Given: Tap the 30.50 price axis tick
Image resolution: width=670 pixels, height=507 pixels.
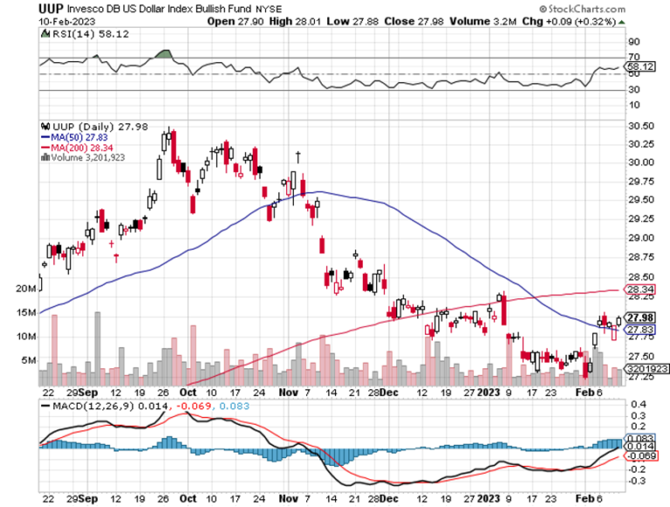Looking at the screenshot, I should click(640, 126).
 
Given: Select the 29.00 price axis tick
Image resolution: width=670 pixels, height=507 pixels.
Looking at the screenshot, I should click(640, 238).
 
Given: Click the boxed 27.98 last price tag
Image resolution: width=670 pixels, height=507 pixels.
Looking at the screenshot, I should click(641, 317).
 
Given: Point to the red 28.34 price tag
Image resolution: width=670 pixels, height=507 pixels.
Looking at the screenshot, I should click(641, 290).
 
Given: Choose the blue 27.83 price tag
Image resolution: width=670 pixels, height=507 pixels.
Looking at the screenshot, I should click(641, 329).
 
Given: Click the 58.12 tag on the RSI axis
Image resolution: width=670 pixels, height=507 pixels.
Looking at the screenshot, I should click(641, 65).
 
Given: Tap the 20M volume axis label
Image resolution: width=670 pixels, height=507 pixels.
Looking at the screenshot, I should click(28, 288).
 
